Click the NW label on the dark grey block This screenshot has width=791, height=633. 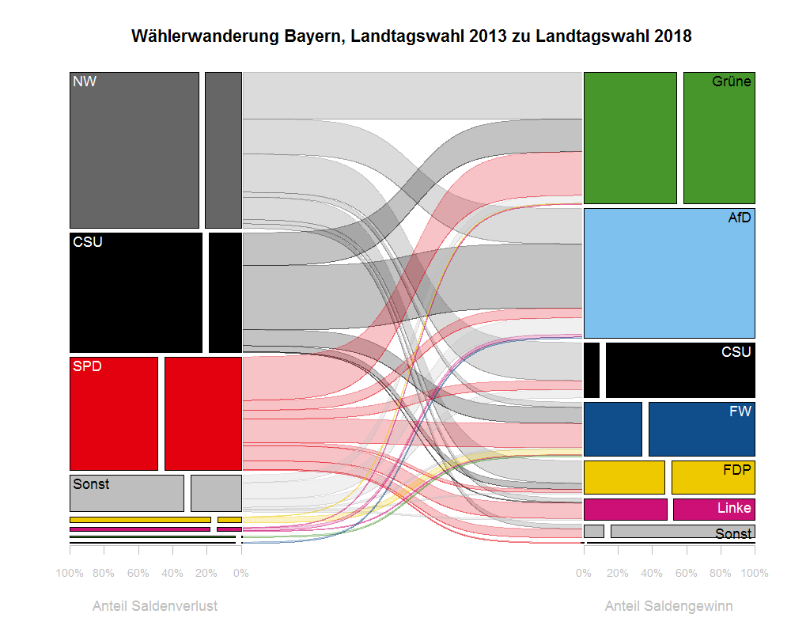coord(84,81)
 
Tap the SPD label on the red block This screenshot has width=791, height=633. coord(86,366)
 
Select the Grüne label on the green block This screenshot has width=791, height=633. coord(731,81)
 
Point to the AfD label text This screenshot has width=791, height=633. coord(740,218)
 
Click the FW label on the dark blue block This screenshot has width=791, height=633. coord(740,411)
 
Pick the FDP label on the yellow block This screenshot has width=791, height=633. coord(737,469)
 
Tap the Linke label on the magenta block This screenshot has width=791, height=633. coord(734,508)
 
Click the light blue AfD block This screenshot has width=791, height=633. coord(669,273)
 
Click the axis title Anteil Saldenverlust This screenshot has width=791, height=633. coord(155,606)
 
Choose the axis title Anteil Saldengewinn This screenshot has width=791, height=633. coord(668,606)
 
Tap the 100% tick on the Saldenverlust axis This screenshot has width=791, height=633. coord(70,573)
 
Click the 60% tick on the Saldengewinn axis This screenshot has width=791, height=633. coord(687,573)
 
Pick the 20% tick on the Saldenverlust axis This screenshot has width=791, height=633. coord(206,573)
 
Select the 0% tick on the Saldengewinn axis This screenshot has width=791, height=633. coord(584,573)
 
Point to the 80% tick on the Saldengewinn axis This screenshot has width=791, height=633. coord(721,573)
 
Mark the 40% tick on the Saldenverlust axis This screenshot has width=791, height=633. coord(172,573)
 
